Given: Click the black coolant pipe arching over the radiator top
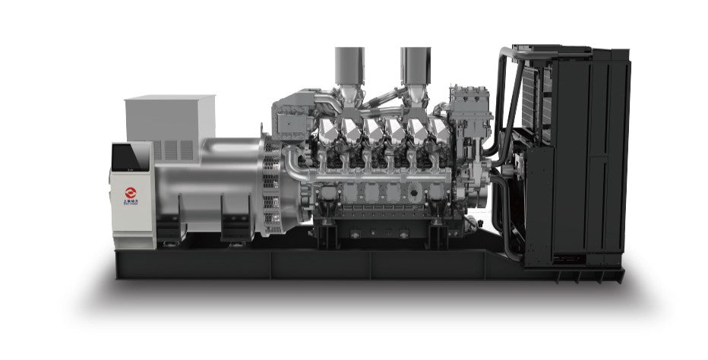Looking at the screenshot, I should (x=504, y=76).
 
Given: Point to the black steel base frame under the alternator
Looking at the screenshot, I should (x=190, y=262).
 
